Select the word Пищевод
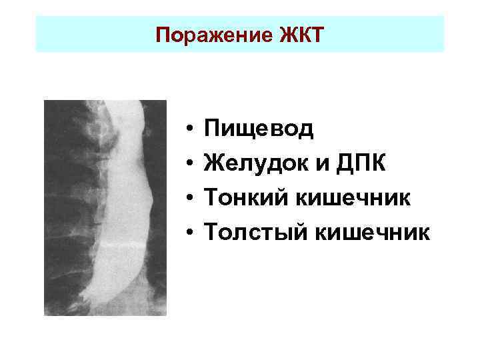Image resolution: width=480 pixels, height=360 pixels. pos(258,127)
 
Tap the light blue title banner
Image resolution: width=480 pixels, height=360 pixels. pos(400,34)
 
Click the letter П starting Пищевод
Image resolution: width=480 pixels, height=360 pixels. pos(213,127)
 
